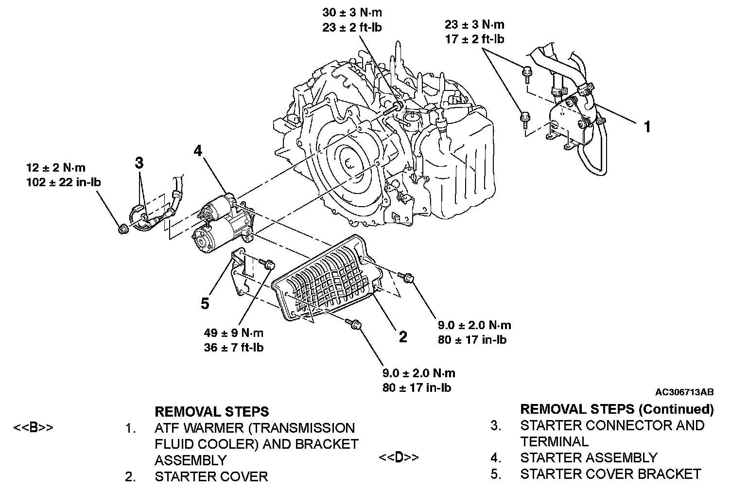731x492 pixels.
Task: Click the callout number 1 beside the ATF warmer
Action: click(x=647, y=127)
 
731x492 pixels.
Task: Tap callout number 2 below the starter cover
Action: click(x=402, y=337)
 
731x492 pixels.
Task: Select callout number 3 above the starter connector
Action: click(x=139, y=163)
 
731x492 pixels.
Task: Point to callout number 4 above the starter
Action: click(x=197, y=151)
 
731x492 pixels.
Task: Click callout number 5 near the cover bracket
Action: click(x=205, y=304)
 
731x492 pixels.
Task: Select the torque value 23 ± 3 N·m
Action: click(x=474, y=25)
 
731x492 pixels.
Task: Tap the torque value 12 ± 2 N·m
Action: click(x=56, y=168)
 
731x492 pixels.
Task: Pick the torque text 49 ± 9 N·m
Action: click(x=234, y=333)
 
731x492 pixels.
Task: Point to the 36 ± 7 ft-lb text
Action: click(x=234, y=348)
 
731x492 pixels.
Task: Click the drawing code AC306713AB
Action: click(x=684, y=392)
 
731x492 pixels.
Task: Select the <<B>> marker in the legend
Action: click(x=33, y=428)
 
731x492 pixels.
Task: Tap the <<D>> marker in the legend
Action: click(x=398, y=458)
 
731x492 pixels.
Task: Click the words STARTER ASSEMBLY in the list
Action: click(x=589, y=458)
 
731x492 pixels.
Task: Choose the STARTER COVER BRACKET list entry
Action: click(x=610, y=474)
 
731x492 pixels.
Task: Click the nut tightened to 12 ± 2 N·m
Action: click(x=123, y=228)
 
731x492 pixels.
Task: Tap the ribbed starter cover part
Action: click(x=326, y=280)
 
